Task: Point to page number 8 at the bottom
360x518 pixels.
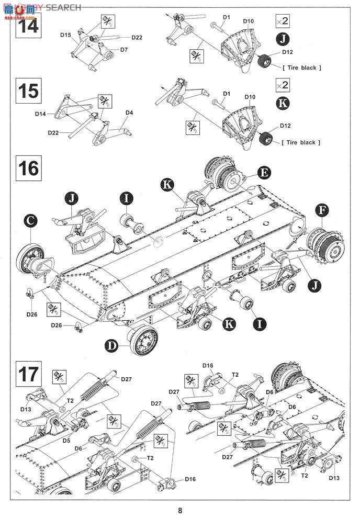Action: coord(180,511)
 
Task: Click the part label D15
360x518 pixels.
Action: coord(65,35)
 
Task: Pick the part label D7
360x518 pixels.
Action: coord(124,50)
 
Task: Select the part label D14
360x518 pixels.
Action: coord(41,114)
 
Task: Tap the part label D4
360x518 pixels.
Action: coord(129,112)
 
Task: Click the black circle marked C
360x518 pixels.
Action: coord(32,222)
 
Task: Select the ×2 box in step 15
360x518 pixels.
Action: coord(282,85)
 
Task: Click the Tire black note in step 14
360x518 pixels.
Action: coord(301,68)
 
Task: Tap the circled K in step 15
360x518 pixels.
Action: coord(282,103)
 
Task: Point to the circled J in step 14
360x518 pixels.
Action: coord(282,39)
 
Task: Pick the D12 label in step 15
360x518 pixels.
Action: coord(286,126)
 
